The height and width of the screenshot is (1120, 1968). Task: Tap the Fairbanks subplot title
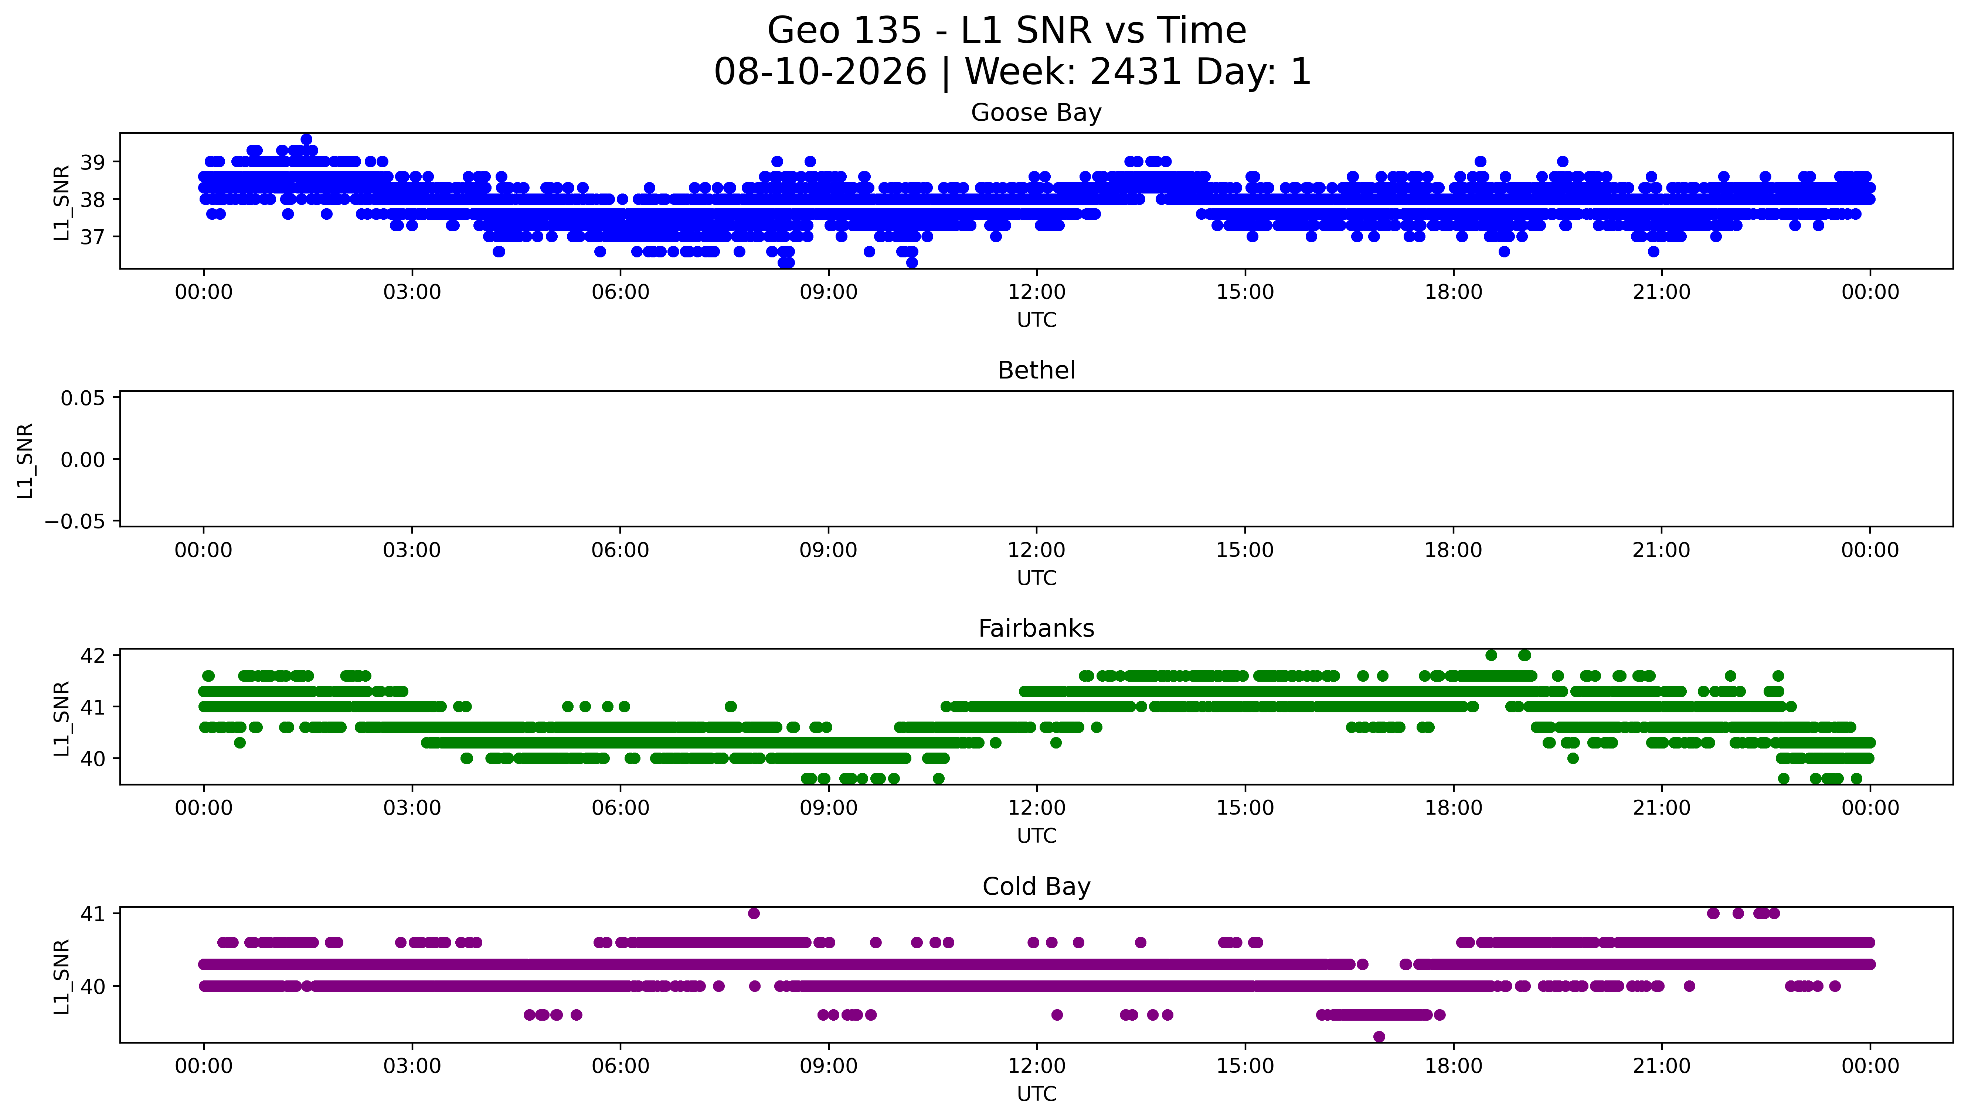coord(1036,628)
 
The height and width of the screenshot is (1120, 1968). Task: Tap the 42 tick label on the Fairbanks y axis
coord(93,655)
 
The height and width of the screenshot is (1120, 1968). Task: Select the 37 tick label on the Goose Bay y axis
coord(93,237)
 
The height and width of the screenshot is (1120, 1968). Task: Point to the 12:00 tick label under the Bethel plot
coord(1036,550)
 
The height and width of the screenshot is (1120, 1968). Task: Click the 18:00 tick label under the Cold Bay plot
coord(1453,1066)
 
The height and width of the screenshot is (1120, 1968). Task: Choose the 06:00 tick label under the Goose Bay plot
coord(621,292)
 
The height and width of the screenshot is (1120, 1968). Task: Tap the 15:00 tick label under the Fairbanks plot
coord(1244,808)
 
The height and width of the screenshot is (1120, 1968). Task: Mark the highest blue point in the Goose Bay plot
coord(306,139)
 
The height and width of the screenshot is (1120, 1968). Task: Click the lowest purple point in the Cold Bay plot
coord(1379,1037)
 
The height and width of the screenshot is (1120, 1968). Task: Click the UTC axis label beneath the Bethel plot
coord(1036,578)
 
